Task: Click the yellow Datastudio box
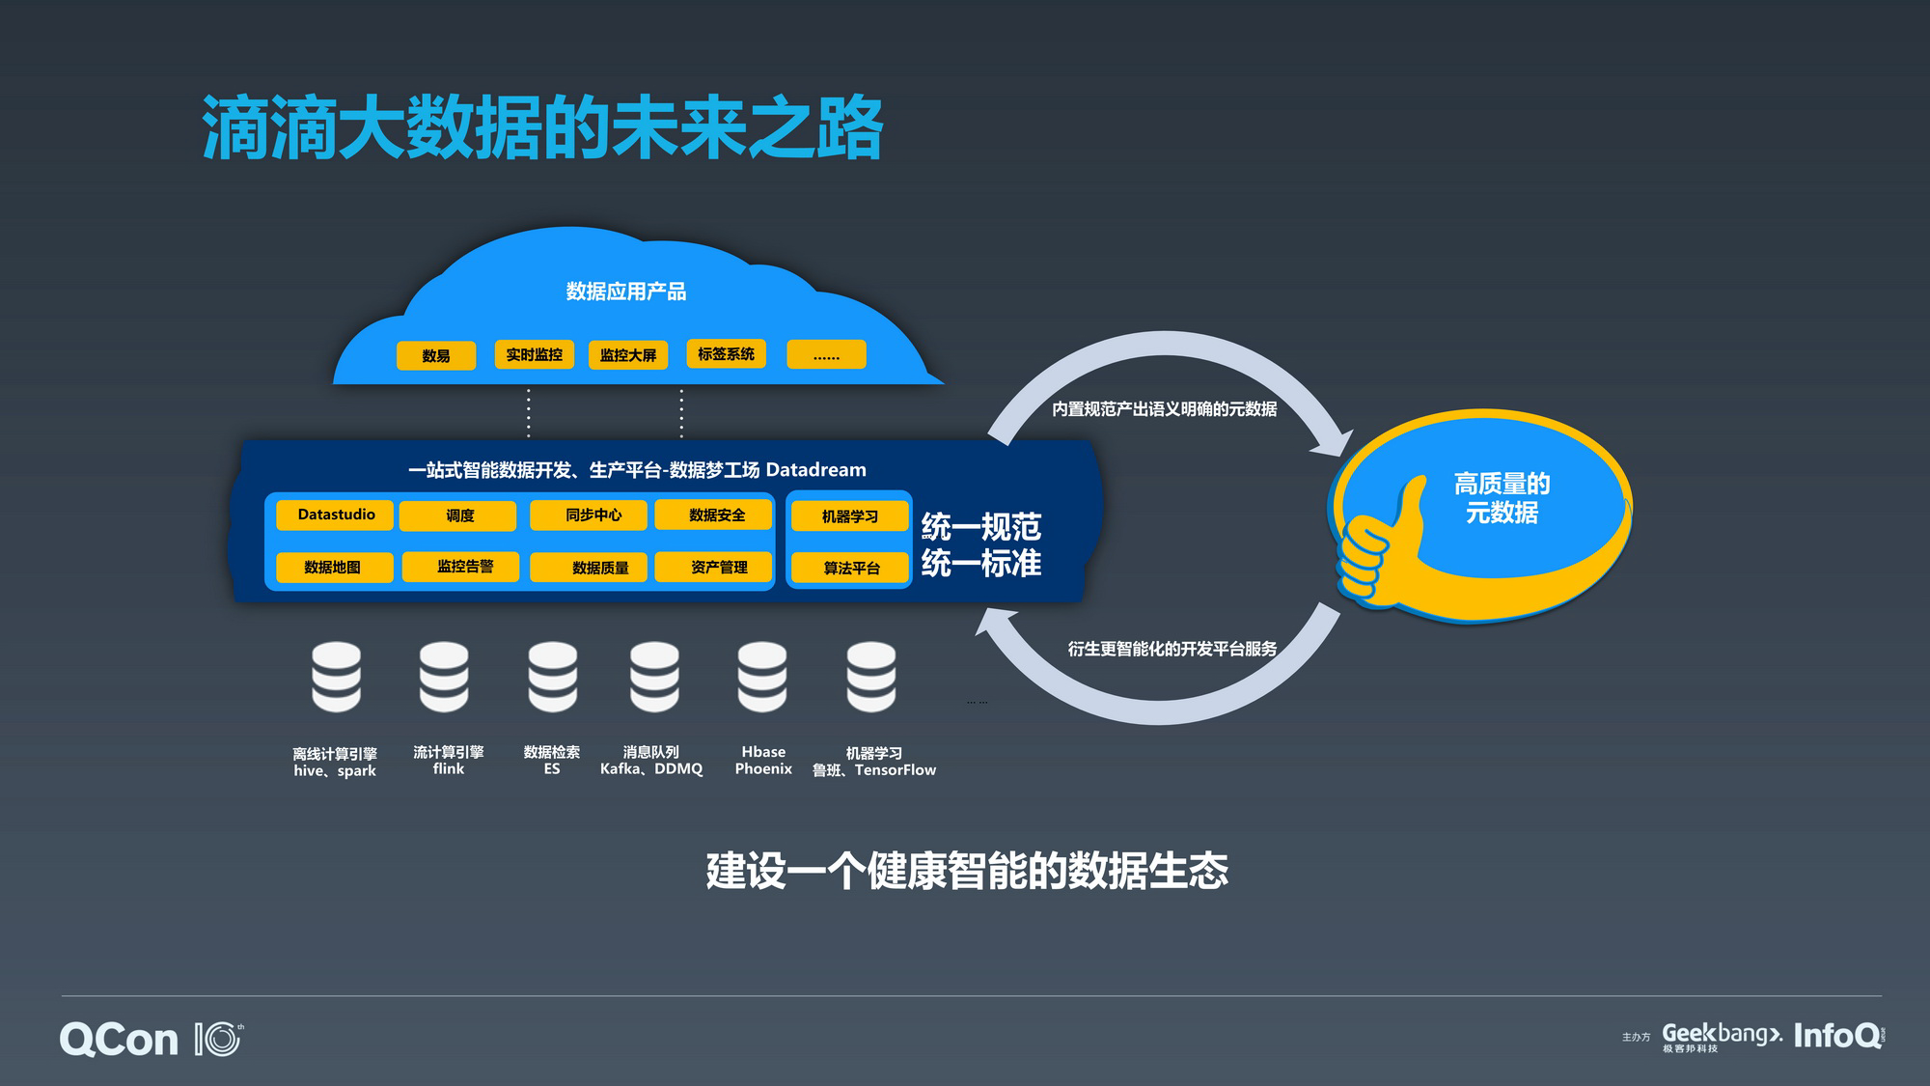(335, 515)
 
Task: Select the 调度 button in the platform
(458, 515)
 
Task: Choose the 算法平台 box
(850, 568)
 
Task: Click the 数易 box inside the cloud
(435, 355)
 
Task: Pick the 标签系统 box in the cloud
(726, 354)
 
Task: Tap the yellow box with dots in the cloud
(825, 354)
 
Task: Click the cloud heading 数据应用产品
(625, 292)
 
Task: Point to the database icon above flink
(444, 677)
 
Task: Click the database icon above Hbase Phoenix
(762, 677)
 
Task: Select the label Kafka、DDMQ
(651, 769)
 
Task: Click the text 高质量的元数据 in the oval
(1501, 498)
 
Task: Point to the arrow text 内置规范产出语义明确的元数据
(1164, 409)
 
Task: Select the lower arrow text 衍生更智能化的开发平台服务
(1172, 649)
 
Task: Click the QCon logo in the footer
(120, 1040)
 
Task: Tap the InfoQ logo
(1837, 1036)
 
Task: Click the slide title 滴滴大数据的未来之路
(541, 128)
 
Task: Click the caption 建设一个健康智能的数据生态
(966, 871)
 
